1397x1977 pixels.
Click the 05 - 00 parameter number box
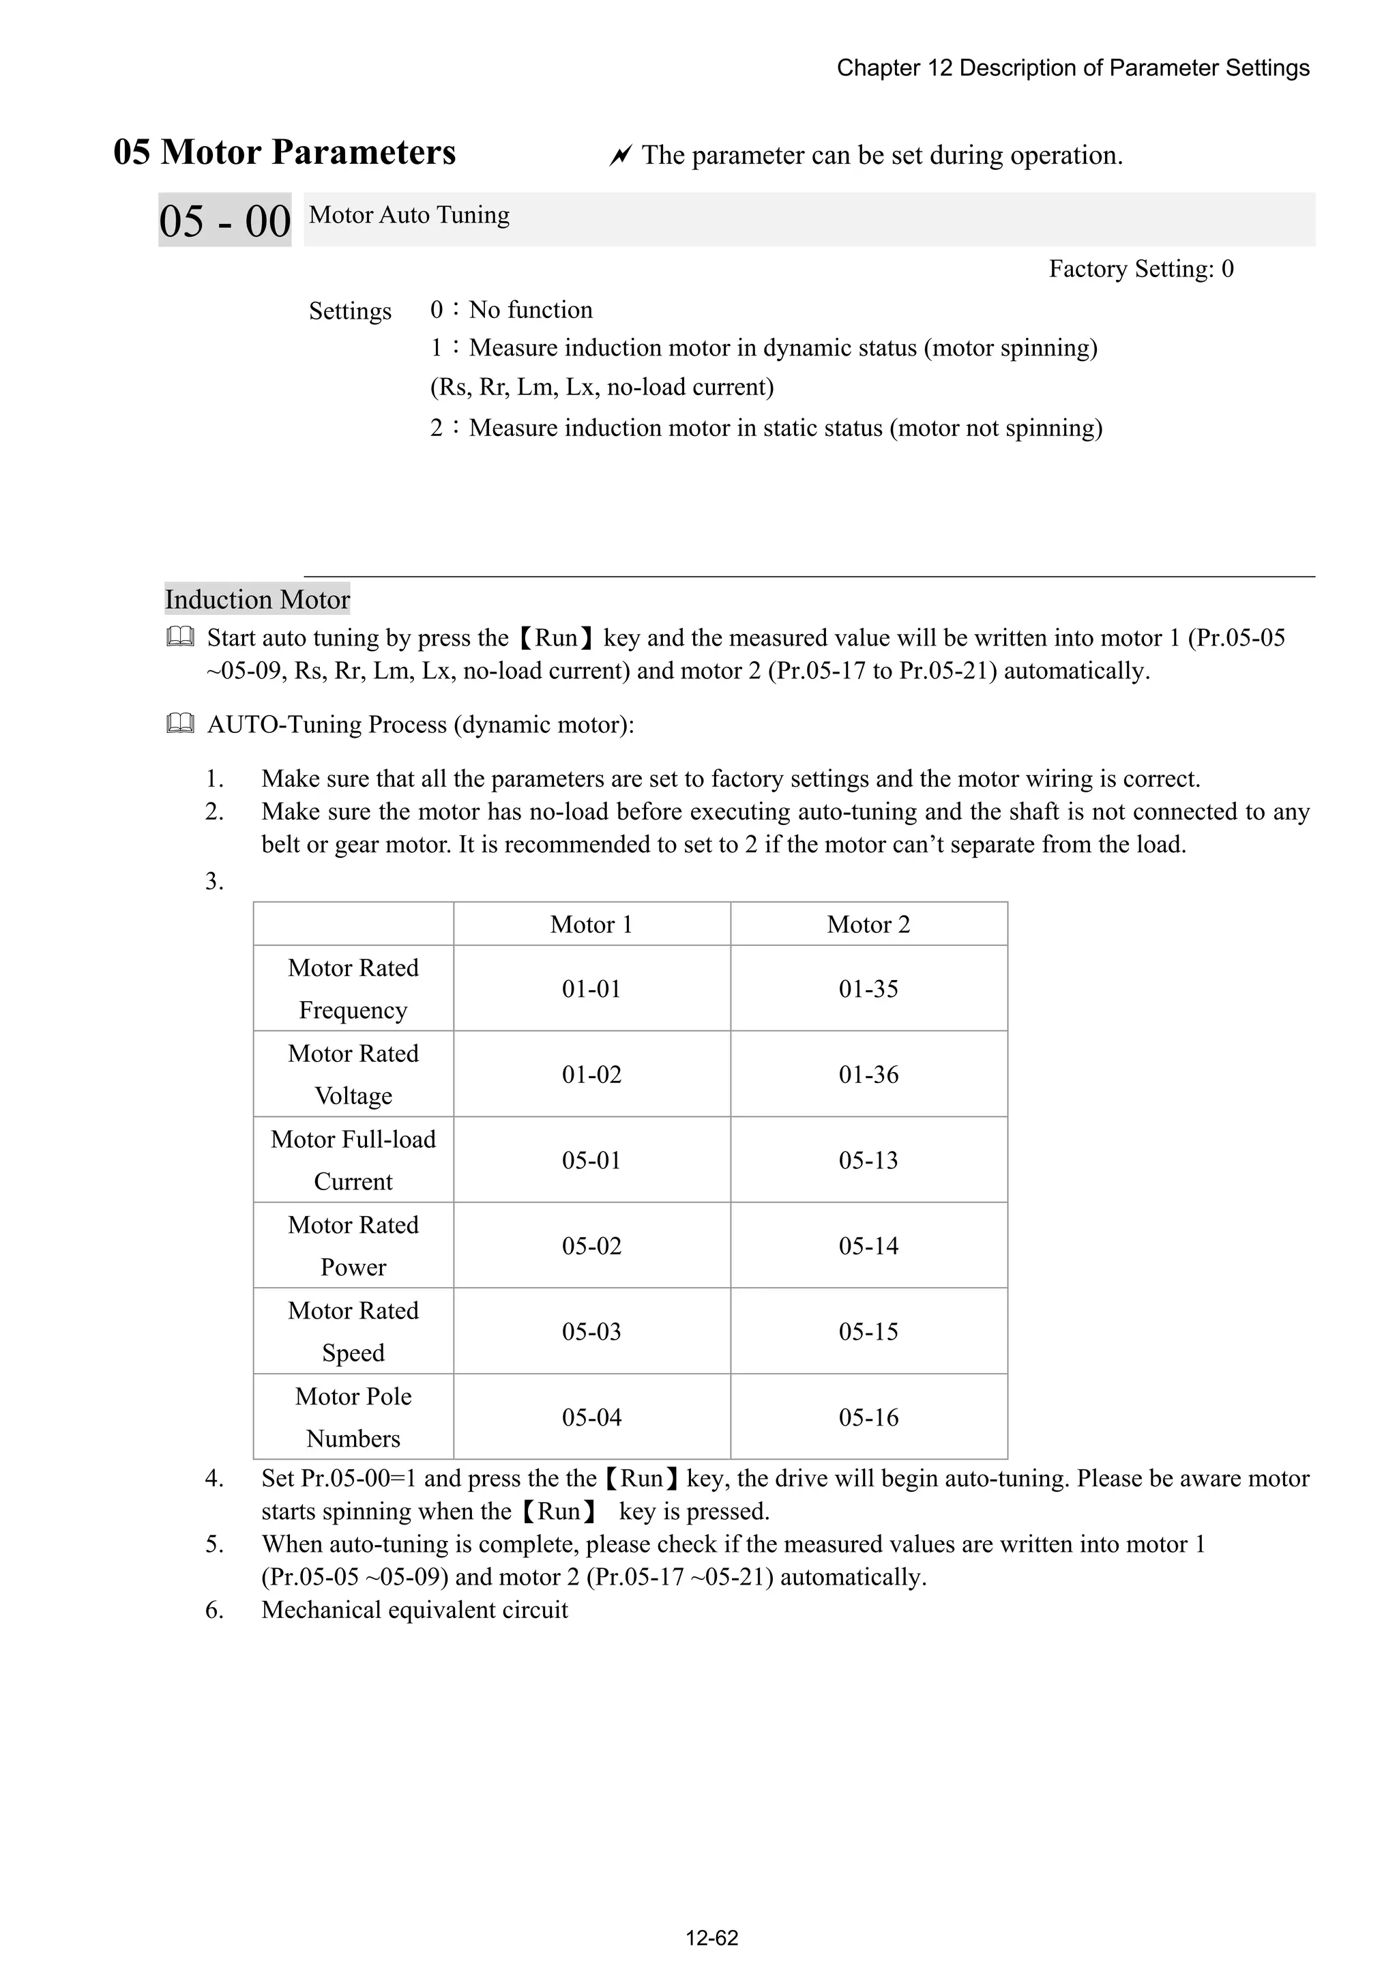224,220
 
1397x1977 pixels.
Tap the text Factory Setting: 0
1141,269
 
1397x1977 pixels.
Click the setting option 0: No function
512,310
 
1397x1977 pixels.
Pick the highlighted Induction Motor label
257,599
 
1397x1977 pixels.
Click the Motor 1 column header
591,925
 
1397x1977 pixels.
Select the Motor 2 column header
868,925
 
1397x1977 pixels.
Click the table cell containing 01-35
868,988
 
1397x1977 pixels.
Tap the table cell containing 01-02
591,1075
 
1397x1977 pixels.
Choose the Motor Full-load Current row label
353,1160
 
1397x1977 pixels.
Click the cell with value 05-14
868,1246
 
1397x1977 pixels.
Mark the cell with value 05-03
591,1331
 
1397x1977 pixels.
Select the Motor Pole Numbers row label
353,1417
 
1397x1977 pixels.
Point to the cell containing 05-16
868,1417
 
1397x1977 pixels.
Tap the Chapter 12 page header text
1072,68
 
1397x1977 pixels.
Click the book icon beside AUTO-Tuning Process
180,724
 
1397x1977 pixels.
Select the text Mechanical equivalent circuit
414,1610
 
